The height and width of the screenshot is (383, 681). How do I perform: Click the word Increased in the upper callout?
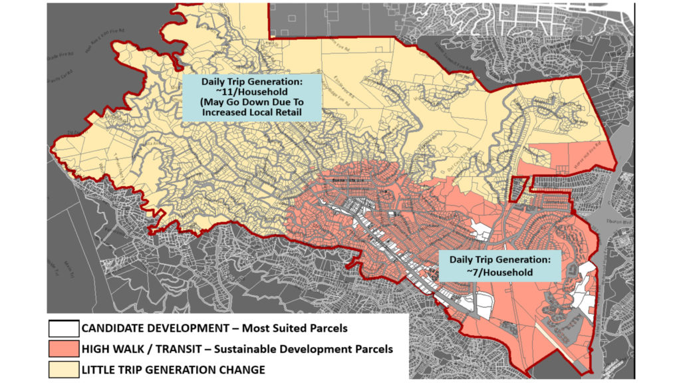click(x=221, y=113)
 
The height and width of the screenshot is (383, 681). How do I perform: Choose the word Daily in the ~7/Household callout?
click(x=464, y=259)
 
